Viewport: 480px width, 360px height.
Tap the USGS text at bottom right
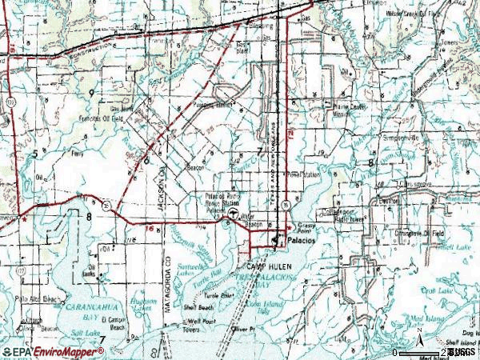tap(462, 352)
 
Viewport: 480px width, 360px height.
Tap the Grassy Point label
tap(306, 226)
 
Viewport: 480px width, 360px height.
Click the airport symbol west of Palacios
tap(233, 214)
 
